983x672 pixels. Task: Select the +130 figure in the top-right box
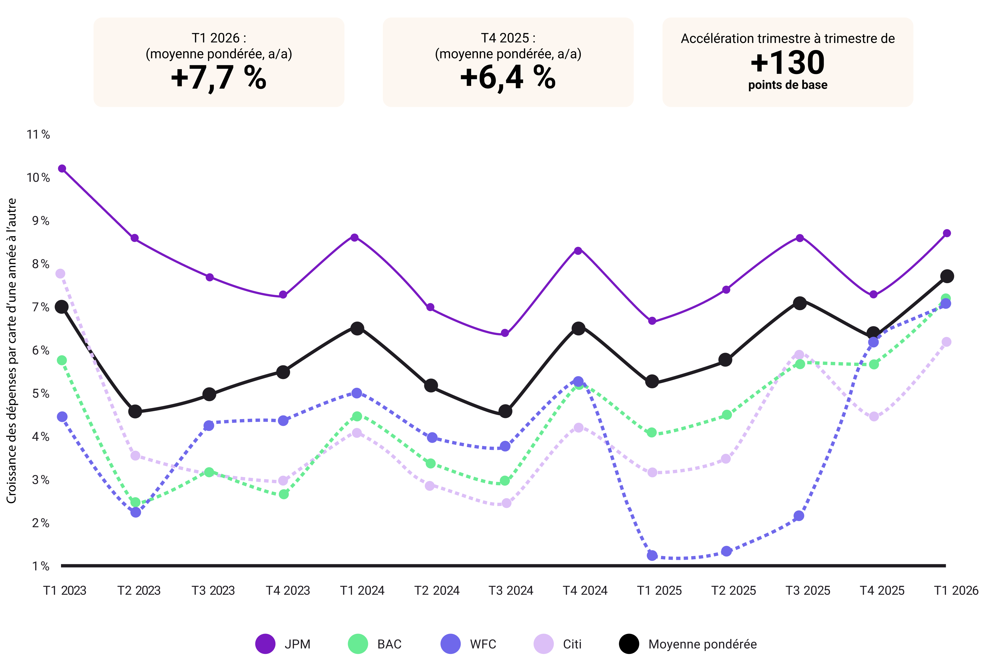[x=787, y=63]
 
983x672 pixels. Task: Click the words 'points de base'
[x=787, y=85]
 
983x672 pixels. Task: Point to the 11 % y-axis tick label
[x=38, y=135]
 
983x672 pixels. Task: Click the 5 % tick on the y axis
[x=41, y=394]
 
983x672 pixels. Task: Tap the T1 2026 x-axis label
[x=956, y=590]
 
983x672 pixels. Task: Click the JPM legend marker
[x=265, y=644]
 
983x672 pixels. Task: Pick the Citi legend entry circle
[x=543, y=644]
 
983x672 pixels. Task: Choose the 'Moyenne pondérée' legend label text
[x=702, y=644]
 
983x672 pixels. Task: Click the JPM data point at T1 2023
[x=62, y=168]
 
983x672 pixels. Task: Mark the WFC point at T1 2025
[x=652, y=555]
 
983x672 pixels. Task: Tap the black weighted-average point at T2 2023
[x=135, y=411]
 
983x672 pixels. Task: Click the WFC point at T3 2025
[x=799, y=516]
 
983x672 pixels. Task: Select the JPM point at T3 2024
[x=504, y=333]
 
